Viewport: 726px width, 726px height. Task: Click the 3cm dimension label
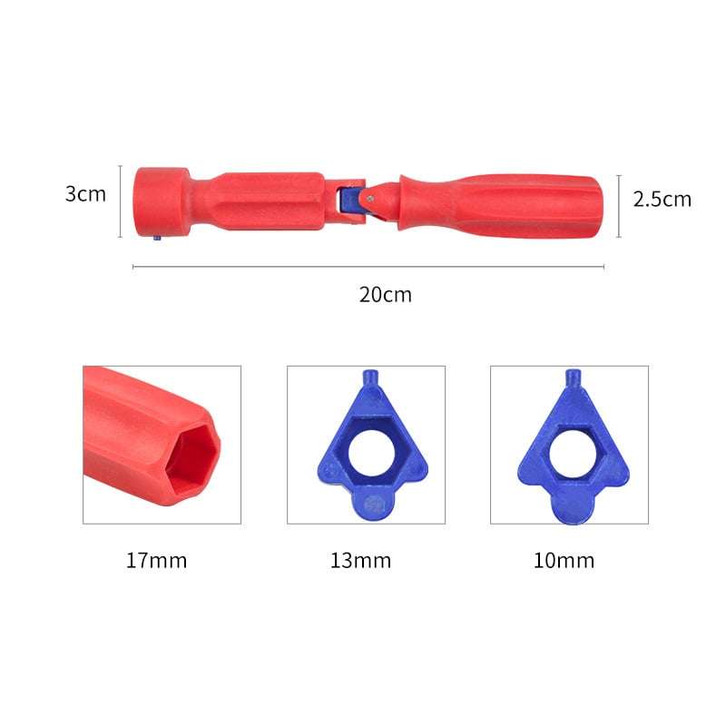coord(85,194)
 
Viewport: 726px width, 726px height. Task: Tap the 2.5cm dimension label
coord(662,199)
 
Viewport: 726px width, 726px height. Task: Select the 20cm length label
coord(385,295)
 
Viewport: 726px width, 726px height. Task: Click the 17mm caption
coord(156,560)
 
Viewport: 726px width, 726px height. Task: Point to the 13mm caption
coord(360,560)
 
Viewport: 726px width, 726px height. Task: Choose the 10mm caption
coord(564,560)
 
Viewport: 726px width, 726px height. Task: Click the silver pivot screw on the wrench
coord(370,199)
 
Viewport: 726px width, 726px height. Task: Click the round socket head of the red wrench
coord(162,202)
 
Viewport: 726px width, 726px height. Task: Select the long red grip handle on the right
coord(501,206)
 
